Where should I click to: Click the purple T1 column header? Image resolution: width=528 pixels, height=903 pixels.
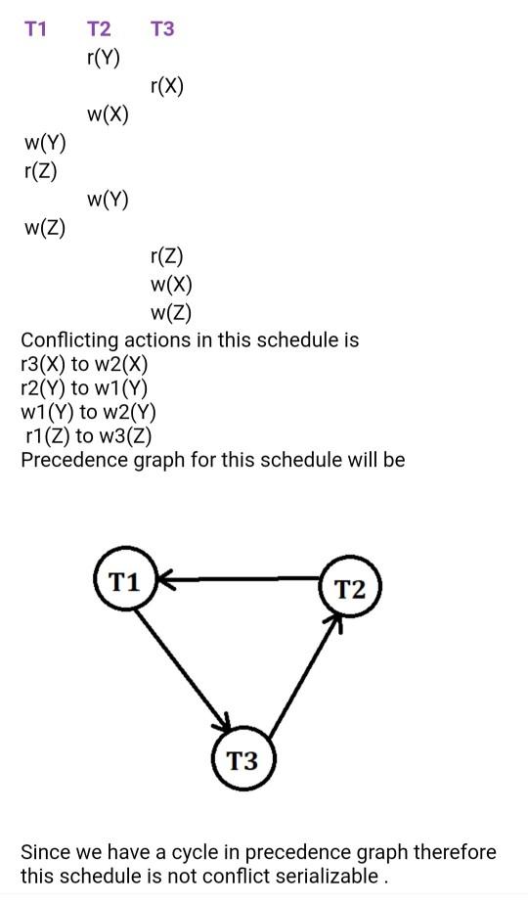pos(35,29)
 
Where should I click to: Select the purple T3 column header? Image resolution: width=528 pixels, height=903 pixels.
pos(162,29)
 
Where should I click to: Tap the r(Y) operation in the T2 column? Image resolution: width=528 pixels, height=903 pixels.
pos(104,58)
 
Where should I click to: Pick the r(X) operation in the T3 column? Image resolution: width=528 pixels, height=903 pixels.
pos(167,86)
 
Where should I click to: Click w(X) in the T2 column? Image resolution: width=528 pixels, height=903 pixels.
pos(108,114)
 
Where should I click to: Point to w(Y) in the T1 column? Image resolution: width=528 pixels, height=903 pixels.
pos(45,143)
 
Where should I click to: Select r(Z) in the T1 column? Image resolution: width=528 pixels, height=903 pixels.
pos(41,171)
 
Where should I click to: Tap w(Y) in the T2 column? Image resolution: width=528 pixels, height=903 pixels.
pos(108,200)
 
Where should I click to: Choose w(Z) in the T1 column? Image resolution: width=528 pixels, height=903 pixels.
pos(45,228)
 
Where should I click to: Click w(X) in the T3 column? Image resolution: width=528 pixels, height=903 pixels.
pos(171,285)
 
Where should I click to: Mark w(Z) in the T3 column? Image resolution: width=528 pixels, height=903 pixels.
pos(171,313)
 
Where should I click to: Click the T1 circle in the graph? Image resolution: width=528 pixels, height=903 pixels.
pos(124,582)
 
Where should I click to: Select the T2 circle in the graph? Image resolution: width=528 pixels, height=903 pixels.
pos(349,589)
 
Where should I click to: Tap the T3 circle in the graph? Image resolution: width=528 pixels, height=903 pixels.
pos(242,759)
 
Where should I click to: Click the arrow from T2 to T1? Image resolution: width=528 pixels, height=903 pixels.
pos(240,580)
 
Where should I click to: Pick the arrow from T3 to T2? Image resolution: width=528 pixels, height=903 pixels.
pos(304,675)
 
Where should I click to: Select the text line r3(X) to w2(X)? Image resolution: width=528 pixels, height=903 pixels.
pos(84,364)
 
